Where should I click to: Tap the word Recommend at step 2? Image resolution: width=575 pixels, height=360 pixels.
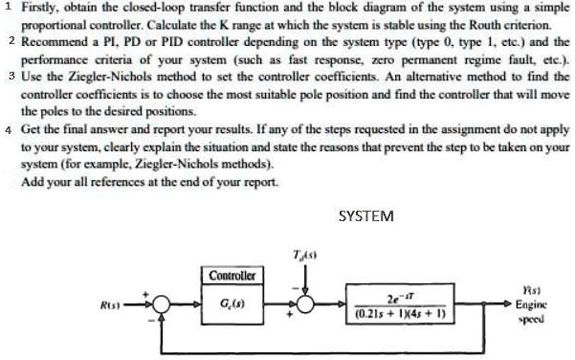54,44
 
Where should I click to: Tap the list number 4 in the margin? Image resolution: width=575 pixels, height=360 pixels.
8,128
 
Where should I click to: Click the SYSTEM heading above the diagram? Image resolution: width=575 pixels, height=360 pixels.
366,216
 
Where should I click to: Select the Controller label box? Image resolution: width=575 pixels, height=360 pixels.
232,276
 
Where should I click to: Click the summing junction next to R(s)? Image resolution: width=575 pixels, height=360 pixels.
164,304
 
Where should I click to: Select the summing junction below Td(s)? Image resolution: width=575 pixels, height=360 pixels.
304,304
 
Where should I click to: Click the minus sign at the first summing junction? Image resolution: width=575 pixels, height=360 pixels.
154,323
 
